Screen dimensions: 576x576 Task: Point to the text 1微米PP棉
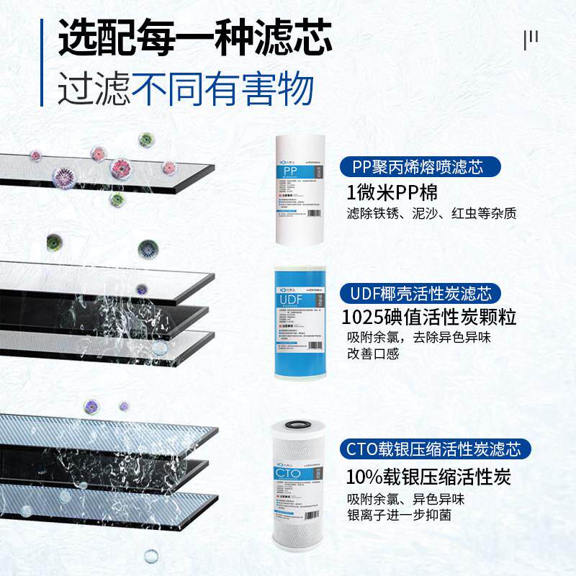392,193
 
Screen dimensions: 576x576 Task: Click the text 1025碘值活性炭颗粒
431,318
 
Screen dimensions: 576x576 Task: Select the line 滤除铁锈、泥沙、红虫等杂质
431,215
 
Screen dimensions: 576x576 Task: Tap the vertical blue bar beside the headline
43,62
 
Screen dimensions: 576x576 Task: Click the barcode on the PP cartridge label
315,213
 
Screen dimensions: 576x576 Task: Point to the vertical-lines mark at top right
531,39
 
